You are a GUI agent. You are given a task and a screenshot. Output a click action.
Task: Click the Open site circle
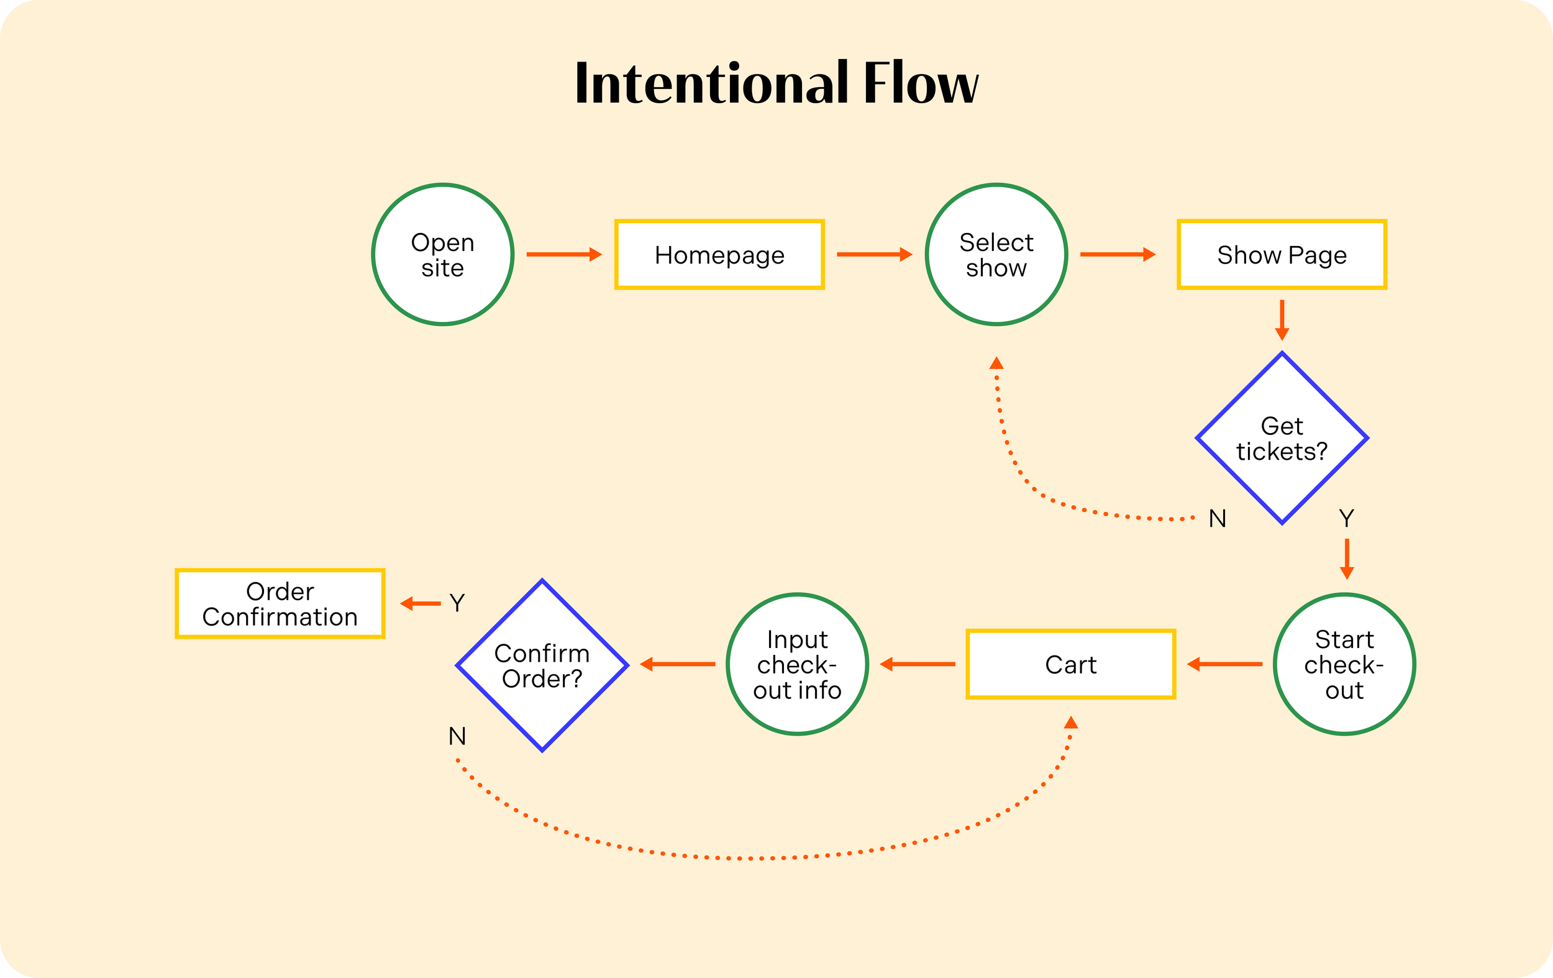click(x=442, y=255)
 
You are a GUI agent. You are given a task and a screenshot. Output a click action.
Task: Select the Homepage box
click(x=719, y=255)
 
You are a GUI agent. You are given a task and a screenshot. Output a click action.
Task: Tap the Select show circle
click(x=996, y=255)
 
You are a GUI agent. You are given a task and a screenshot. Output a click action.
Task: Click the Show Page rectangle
click(x=1282, y=255)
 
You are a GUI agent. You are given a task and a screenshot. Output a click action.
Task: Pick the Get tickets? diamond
click(x=1282, y=439)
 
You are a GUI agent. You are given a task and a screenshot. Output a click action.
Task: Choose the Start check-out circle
click(x=1344, y=664)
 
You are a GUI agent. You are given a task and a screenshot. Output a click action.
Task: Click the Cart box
click(x=1070, y=664)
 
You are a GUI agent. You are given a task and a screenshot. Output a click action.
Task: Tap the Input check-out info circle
click(x=797, y=664)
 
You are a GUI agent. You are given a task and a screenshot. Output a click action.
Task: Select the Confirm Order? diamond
click(x=542, y=665)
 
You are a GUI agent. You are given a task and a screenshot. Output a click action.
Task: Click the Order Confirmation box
click(x=280, y=604)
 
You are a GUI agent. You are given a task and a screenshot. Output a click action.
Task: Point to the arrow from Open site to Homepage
click(x=563, y=255)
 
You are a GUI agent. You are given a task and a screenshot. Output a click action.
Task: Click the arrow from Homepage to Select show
click(x=874, y=255)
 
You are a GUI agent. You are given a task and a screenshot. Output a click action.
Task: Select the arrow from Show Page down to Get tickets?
click(x=1282, y=320)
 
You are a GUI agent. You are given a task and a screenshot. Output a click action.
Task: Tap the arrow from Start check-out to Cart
click(x=1224, y=664)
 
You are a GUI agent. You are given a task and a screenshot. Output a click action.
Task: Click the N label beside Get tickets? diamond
click(x=1217, y=519)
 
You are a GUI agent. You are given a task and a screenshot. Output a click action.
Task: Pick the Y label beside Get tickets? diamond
click(x=1347, y=518)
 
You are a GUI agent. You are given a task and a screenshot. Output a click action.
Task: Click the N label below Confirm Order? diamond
click(x=457, y=736)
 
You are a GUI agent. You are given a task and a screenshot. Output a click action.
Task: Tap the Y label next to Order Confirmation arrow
click(x=457, y=603)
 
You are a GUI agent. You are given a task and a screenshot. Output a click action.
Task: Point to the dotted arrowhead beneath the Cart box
click(x=1070, y=722)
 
